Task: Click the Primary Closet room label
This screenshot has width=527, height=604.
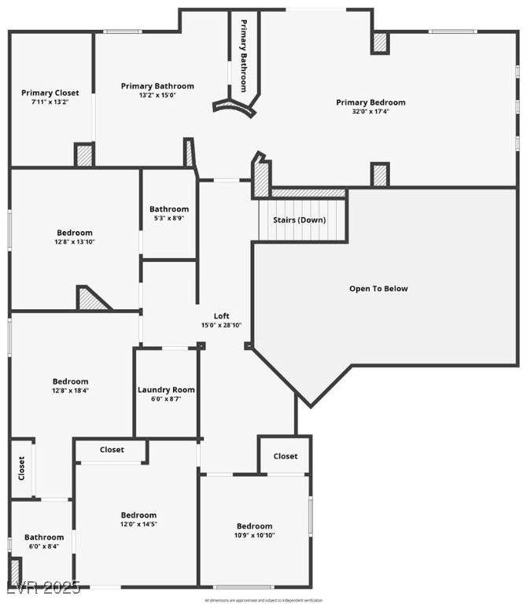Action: coord(50,93)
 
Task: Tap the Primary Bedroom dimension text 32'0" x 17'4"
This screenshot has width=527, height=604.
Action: coord(370,112)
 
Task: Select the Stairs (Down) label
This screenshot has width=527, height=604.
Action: coord(299,219)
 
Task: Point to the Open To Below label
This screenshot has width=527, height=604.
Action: coord(378,289)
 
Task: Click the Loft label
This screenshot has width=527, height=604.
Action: coord(222,315)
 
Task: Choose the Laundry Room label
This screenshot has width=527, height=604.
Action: coord(166,389)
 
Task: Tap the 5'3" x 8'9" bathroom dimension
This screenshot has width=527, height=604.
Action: coord(169,219)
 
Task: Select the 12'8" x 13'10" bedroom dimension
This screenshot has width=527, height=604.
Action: coord(75,242)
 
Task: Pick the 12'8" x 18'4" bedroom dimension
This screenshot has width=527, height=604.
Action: coord(71,390)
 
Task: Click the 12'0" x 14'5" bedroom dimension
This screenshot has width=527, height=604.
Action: coord(138,524)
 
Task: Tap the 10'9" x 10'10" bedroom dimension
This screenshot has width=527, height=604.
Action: coord(255,535)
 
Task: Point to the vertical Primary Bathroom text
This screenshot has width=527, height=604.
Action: coord(244,55)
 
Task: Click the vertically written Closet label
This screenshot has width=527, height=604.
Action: coord(21,469)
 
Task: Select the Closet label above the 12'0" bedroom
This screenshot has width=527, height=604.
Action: coord(112,450)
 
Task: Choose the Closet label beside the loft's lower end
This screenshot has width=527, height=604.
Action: coord(286,456)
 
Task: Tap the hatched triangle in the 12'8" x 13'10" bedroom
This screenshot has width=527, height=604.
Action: coord(91,299)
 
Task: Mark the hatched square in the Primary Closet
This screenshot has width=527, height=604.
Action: coord(84,155)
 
